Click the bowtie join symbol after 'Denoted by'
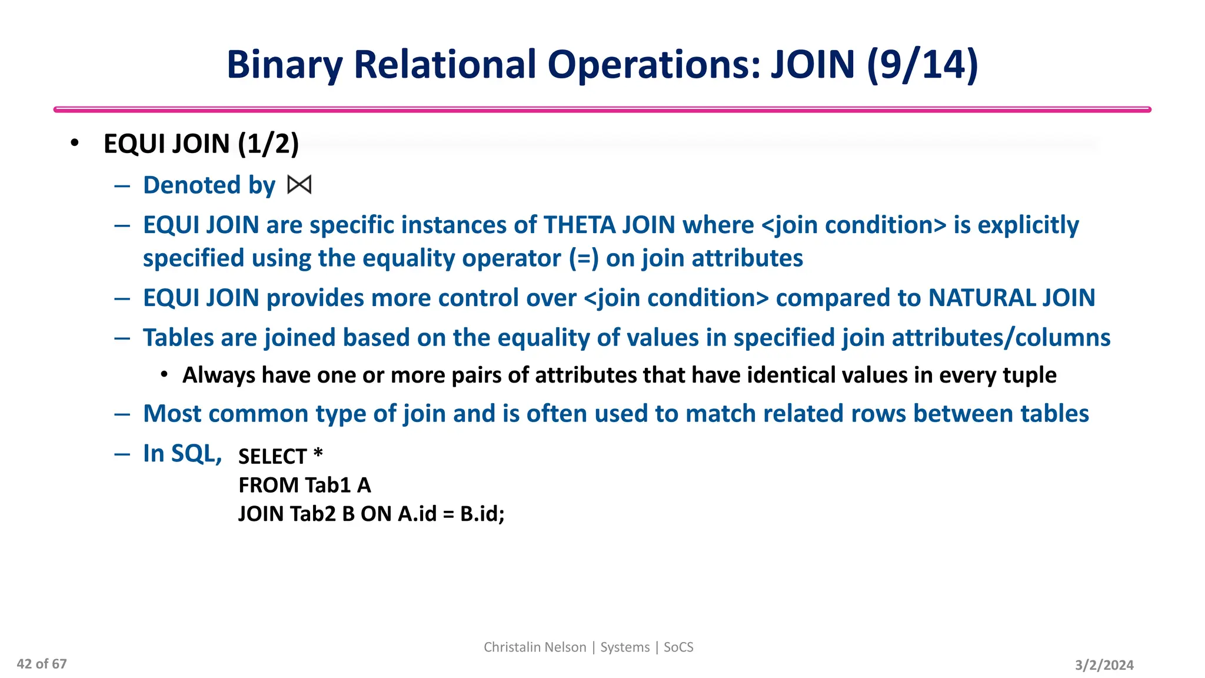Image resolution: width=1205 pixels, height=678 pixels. pos(299,185)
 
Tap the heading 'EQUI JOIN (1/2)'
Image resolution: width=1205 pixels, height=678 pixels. pos(201,144)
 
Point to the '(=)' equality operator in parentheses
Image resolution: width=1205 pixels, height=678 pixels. pos(584,258)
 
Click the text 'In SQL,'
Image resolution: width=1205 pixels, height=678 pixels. pos(182,453)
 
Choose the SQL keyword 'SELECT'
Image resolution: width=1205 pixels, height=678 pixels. pos(272,456)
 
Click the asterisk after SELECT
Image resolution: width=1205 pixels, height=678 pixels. pos(318,453)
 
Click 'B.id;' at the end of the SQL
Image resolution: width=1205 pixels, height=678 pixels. pos(482,514)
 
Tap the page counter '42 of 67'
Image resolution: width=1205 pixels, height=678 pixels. pos(42,664)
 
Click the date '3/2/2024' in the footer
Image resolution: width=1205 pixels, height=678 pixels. pos(1104,665)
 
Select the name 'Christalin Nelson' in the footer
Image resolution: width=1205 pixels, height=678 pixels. pos(535,647)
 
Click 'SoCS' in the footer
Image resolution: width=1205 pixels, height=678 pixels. pos(678,647)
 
